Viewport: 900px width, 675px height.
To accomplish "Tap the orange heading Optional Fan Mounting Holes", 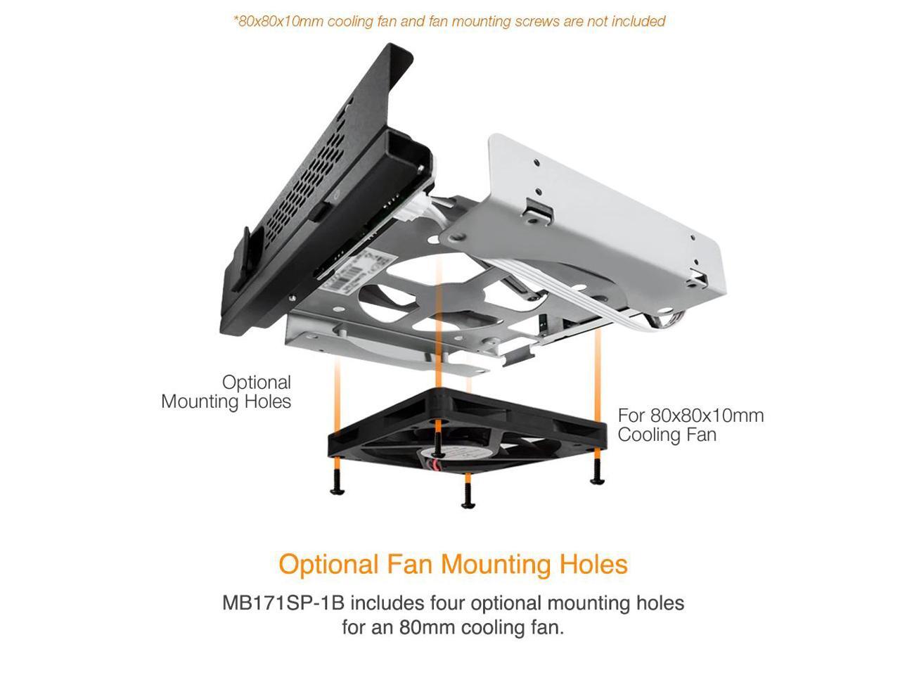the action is pos(453,564).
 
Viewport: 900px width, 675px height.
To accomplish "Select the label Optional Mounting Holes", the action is pos(226,392).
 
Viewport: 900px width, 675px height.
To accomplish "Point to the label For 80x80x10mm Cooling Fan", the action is pos(690,425).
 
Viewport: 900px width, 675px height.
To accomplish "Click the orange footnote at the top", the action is pos(449,21).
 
